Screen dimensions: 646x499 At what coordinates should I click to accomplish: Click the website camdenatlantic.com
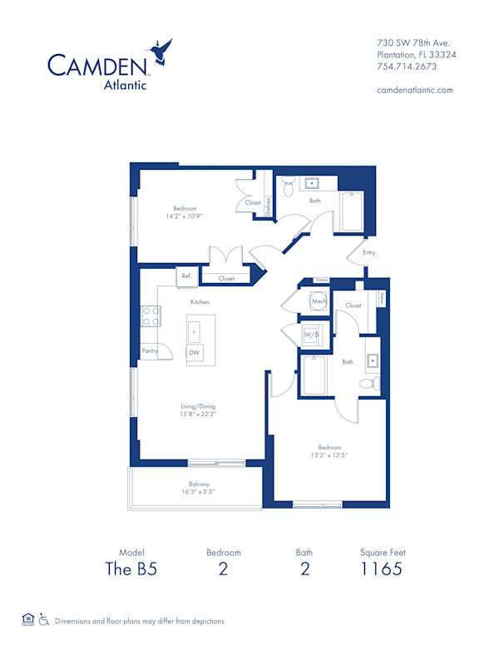pos(415,90)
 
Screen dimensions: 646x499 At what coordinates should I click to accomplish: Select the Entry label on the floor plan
pos(368,252)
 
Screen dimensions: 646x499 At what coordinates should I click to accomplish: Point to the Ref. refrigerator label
pos(185,276)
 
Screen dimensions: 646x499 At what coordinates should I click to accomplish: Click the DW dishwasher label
pos(194,353)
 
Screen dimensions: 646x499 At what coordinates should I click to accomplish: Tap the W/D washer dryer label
pos(311,335)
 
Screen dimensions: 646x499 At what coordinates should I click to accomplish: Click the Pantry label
pos(151,351)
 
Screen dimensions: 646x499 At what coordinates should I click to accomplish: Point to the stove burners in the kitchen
pos(151,316)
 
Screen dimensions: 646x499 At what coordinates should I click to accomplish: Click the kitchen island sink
pos(195,330)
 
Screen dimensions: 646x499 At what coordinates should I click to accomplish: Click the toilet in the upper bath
pos(288,189)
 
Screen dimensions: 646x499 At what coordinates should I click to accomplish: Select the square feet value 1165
pos(383,569)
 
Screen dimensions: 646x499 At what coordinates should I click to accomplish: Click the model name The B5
pos(131,569)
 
